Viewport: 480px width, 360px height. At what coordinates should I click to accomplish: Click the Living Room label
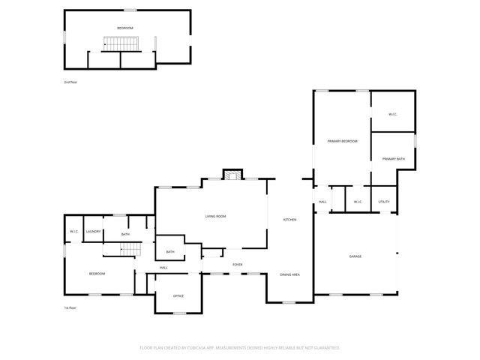(x=216, y=217)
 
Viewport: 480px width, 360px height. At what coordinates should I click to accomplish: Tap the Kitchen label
(x=289, y=220)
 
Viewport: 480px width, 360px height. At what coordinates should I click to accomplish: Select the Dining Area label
(x=290, y=275)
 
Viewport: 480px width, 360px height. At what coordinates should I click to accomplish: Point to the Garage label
(x=355, y=256)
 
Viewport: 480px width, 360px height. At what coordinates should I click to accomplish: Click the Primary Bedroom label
(x=341, y=141)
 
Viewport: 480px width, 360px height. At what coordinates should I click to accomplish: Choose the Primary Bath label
(x=393, y=159)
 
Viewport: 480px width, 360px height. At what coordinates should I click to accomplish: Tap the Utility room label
(x=384, y=202)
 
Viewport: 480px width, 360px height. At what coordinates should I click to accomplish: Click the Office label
(x=178, y=295)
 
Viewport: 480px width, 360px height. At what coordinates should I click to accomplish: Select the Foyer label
(x=237, y=265)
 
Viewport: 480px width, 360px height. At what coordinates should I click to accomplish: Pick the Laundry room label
(x=93, y=232)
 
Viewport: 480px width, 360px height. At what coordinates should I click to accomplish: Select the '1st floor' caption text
(x=70, y=307)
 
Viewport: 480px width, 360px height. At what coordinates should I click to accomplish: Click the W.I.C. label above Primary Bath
(x=393, y=114)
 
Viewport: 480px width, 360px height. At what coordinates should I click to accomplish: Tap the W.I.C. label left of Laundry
(x=74, y=232)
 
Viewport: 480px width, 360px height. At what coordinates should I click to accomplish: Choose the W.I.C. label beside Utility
(x=358, y=202)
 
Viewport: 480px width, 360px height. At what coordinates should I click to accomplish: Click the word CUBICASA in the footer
(x=198, y=347)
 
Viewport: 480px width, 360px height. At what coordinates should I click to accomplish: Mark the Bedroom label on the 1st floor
(x=97, y=274)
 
